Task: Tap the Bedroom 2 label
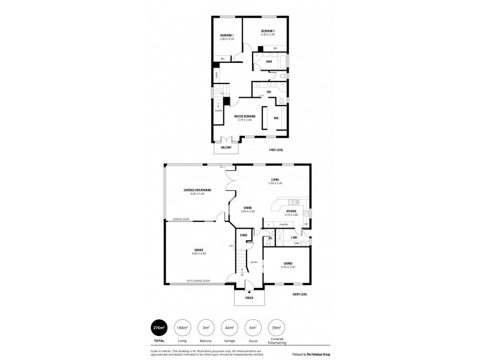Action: coord(268,31)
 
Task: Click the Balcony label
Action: coord(226,147)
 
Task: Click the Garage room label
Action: coord(199,250)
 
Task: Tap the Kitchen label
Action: coord(291,211)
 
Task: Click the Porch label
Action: coord(249,298)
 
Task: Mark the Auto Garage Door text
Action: coord(198,281)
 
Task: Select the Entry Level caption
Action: coord(299,294)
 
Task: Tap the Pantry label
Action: coord(283,224)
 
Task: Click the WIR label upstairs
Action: coord(276,118)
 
